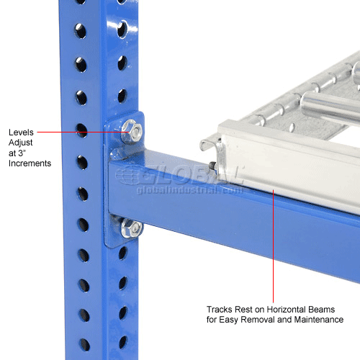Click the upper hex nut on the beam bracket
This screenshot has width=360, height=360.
(x=131, y=130)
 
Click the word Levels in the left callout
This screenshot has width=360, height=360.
(x=21, y=132)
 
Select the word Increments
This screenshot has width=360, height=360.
(x=30, y=164)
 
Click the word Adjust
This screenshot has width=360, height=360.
(x=20, y=143)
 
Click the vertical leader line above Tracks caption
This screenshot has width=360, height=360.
(x=273, y=245)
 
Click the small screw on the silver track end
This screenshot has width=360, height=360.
(x=214, y=169)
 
